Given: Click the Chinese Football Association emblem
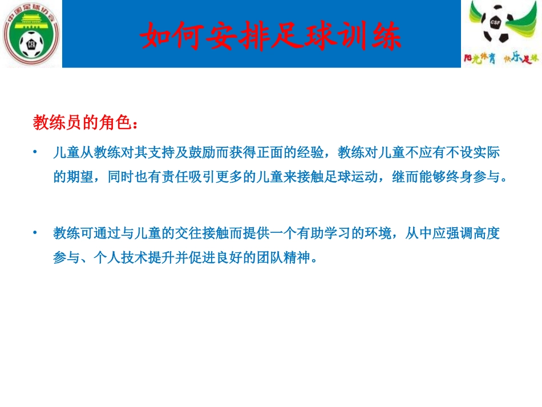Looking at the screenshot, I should coord(31,34).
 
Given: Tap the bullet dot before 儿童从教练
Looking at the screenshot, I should coord(35,152).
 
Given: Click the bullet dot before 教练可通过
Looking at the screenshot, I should coord(35,233).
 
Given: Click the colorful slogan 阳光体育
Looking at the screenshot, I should coord(478,58).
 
